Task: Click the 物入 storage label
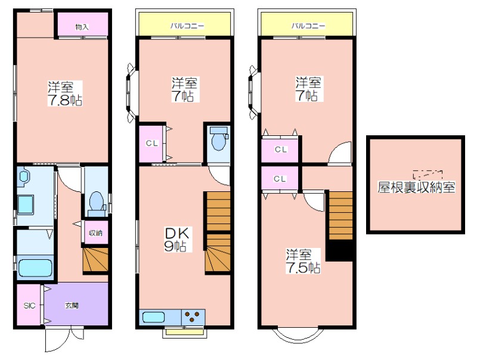(x=82, y=27)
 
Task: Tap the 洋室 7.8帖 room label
(x=65, y=94)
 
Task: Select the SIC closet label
(x=29, y=306)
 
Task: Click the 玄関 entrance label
(x=72, y=306)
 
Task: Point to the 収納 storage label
(x=95, y=233)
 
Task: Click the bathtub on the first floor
(x=35, y=268)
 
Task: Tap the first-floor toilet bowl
(x=97, y=201)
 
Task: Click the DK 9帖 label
(x=177, y=239)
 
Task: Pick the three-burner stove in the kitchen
(x=193, y=317)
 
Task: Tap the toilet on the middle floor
(x=219, y=138)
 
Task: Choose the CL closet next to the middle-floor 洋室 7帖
(x=152, y=143)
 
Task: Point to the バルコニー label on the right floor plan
(x=308, y=26)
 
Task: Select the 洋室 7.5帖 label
(x=303, y=261)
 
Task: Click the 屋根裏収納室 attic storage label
(x=416, y=187)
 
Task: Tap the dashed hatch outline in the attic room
(x=428, y=174)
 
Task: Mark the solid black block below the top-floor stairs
(x=339, y=250)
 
